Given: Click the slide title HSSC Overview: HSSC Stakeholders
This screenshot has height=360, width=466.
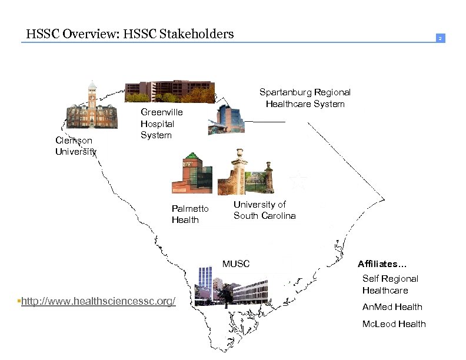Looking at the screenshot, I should click(x=130, y=34).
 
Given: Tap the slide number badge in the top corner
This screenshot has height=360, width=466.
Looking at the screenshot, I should click(x=439, y=38).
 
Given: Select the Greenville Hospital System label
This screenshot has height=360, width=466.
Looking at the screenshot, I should click(x=161, y=124).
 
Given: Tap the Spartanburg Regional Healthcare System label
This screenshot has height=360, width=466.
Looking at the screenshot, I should click(x=305, y=98).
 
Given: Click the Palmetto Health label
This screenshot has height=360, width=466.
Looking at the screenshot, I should click(x=189, y=214).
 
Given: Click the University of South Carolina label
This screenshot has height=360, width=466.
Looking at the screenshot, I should click(x=264, y=210).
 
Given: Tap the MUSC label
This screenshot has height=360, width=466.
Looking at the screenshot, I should click(x=235, y=264).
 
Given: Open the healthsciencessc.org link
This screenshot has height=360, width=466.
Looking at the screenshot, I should click(x=98, y=301).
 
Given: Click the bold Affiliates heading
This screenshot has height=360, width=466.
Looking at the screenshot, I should click(x=386, y=264).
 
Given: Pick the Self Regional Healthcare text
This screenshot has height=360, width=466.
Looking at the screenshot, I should click(x=390, y=284).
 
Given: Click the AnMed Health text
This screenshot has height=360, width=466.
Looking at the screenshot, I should click(x=392, y=306).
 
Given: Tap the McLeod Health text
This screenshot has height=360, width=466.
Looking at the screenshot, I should click(x=394, y=324).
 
